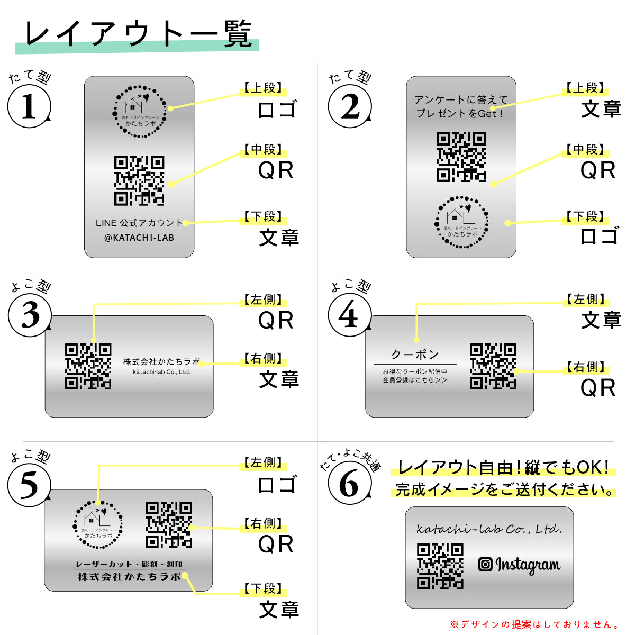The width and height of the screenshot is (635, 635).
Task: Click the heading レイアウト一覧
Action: coord(138,34)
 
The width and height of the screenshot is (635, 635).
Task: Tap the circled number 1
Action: coord(29,106)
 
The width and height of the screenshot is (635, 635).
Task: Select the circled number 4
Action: coord(349,316)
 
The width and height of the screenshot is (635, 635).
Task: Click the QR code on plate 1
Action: coord(139,180)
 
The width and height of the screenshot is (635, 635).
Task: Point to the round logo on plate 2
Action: coord(461,222)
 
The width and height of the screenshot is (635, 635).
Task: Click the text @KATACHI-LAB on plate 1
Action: coord(139,238)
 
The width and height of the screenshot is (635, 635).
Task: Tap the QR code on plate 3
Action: coord(88,366)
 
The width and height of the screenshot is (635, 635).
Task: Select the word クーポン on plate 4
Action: coord(415,354)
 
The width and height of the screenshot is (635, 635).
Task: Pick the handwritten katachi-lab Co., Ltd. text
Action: coord(489,529)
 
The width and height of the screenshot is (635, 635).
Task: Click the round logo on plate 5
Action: coord(98,525)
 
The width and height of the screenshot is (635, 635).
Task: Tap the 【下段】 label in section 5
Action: coord(263,588)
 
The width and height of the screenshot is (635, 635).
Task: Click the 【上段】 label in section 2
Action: coord(585,88)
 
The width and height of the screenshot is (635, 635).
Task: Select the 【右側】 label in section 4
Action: coord(585,367)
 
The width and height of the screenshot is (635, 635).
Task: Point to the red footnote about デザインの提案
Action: coord(534,624)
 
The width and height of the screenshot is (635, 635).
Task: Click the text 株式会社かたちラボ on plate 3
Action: coord(161,361)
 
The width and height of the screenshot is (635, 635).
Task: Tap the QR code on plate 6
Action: coord(440,566)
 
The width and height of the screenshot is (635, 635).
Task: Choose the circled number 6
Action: coord(349,483)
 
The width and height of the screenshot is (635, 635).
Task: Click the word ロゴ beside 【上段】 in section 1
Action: coord(277,110)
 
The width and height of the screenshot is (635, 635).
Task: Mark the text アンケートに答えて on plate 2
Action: coord(461,99)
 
